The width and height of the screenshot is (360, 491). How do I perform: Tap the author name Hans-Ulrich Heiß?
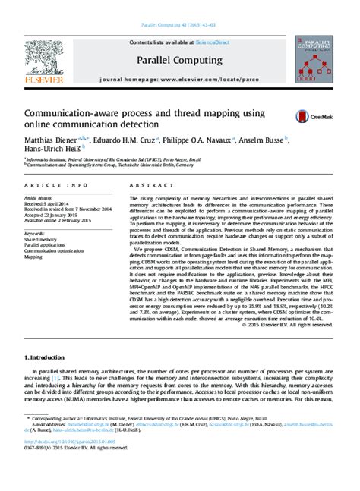[x=54, y=152]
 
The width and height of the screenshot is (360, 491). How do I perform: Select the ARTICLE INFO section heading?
[x=47, y=185]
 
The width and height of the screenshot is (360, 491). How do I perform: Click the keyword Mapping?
[x=33, y=257]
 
